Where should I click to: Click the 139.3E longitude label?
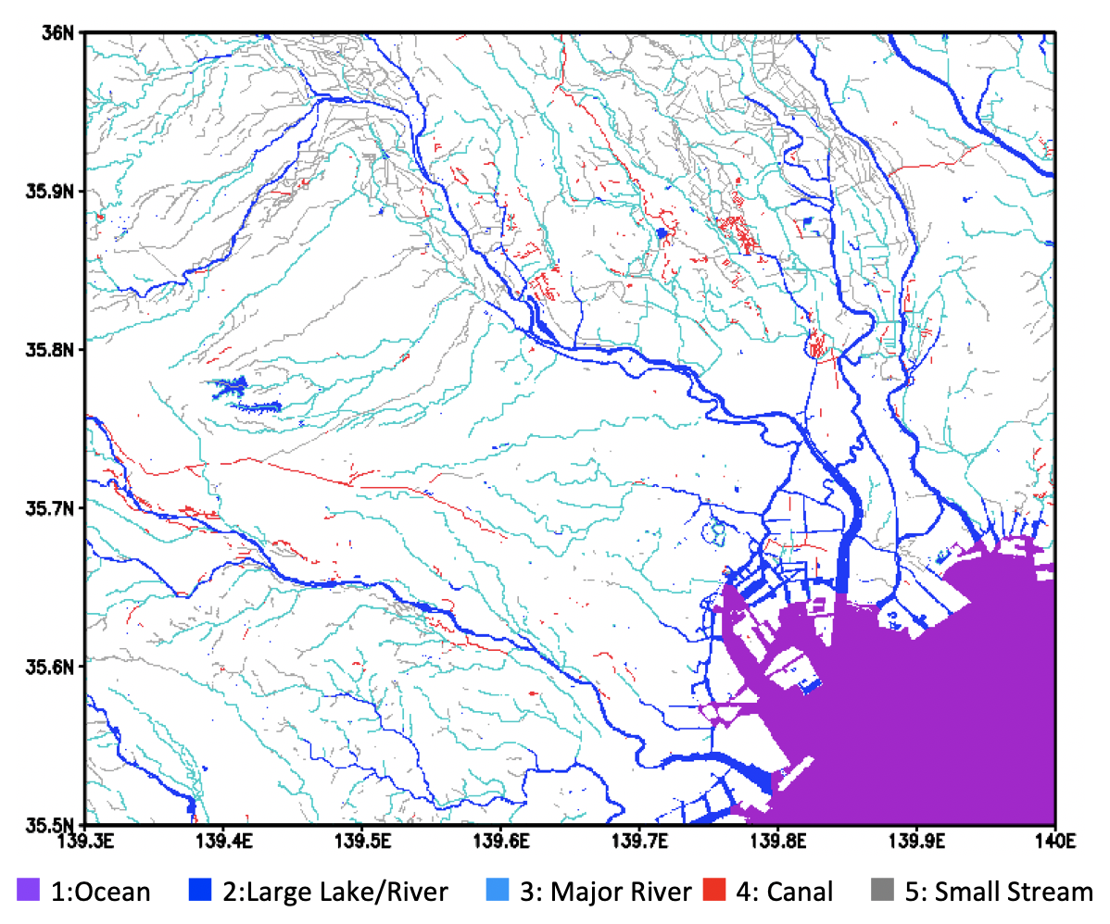click(x=85, y=842)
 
